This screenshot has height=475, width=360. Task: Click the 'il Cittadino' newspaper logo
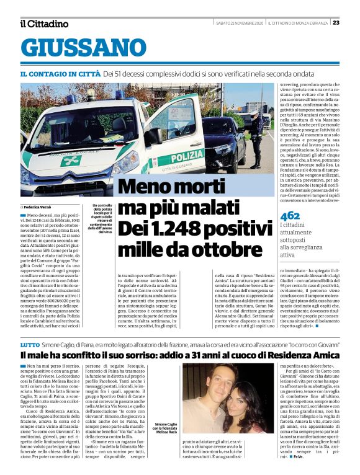click(x=44, y=24)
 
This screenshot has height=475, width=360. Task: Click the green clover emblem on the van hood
click(x=70, y=161)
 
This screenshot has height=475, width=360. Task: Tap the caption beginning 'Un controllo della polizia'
click(x=100, y=217)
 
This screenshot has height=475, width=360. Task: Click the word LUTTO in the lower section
click(x=30, y=343)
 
